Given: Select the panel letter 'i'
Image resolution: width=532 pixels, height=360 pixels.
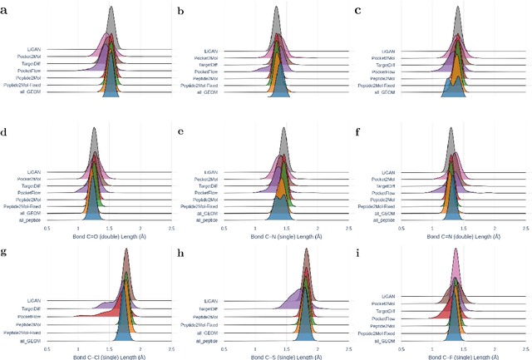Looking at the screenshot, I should point(360,251).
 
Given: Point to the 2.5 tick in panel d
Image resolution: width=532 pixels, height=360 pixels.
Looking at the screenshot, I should point(171,227).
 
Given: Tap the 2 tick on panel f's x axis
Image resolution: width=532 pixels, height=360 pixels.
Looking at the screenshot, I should point(495,227).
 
